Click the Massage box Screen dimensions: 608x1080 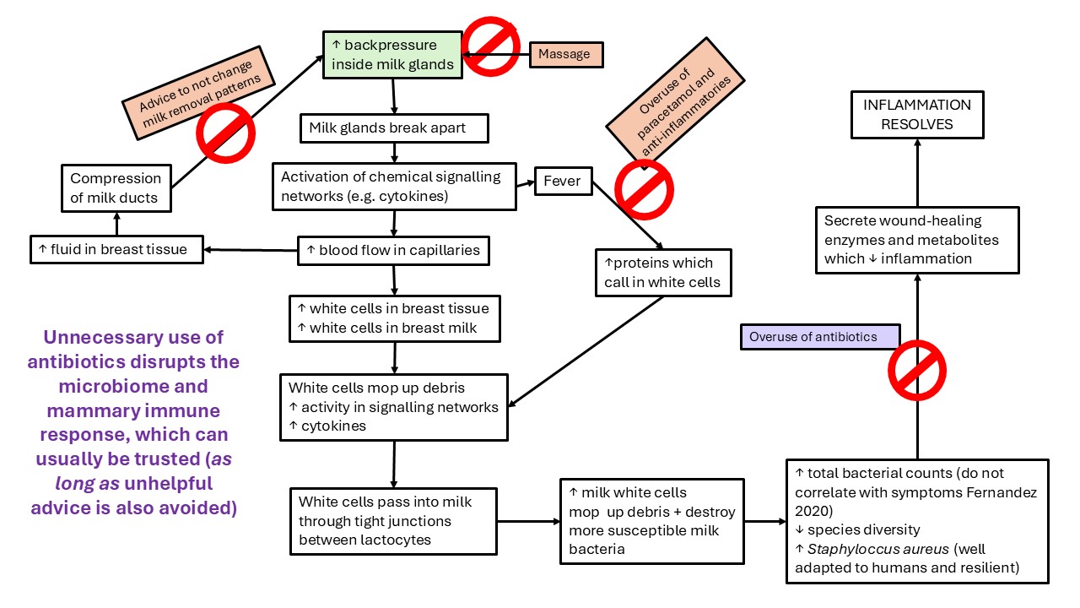tap(564, 54)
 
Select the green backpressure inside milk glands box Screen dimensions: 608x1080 tap(392, 54)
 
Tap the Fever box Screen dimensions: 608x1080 tap(563, 181)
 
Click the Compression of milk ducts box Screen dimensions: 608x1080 tap(116, 188)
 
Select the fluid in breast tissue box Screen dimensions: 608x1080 tap(116, 249)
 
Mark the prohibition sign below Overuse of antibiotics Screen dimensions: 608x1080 tap(916, 370)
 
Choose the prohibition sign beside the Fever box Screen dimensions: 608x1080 tap(644, 189)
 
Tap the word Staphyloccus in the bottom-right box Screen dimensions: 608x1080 tap(847, 549)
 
